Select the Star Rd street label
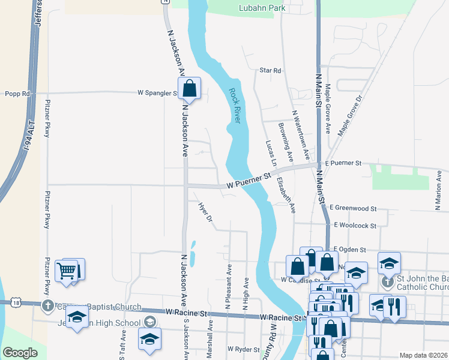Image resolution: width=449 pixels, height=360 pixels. (x=270, y=71)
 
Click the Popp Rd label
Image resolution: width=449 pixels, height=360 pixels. (x=17, y=94)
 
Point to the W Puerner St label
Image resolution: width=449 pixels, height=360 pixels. (x=249, y=182)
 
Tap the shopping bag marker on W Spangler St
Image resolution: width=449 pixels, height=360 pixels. (x=189, y=89)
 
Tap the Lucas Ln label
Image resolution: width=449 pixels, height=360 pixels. (x=270, y=154)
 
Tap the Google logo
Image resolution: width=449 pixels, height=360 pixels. (x=20, y=353)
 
